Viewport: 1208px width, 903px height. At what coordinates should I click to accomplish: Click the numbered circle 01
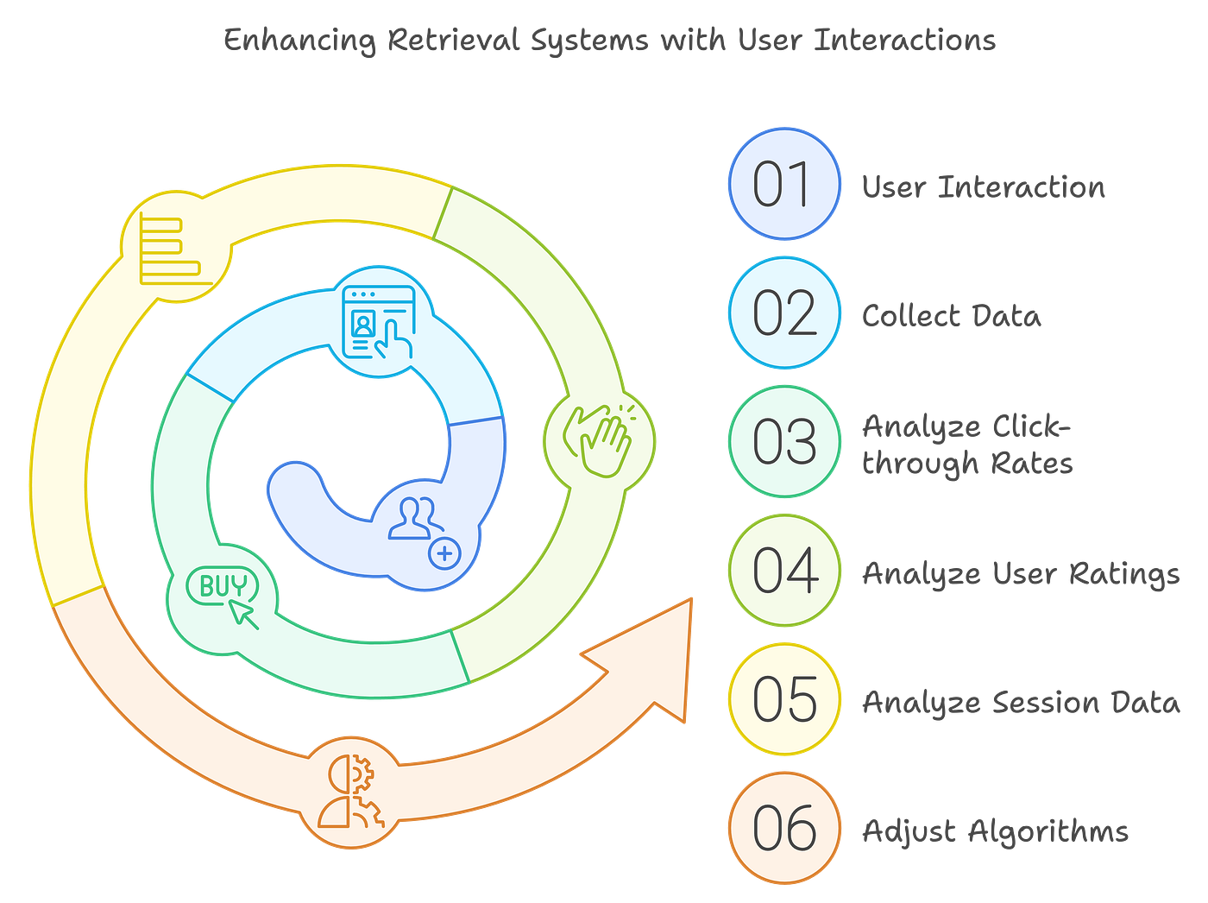point(783,184)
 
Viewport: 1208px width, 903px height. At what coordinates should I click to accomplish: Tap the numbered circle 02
point(783,313)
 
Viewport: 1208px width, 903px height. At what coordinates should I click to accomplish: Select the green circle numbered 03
point(783,441)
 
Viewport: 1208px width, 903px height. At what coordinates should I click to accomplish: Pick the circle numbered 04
point(783,570)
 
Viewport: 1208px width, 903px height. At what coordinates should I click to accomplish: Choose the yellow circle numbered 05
point(783,699)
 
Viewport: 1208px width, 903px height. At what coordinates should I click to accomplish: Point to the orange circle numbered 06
point(783,828)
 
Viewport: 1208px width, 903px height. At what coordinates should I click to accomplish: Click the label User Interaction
point(983,186)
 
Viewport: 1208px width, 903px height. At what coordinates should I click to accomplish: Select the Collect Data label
point(951,315)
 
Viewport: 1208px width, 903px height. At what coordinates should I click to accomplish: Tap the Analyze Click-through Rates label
point(967,445)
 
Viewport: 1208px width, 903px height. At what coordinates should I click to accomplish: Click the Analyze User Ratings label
point(1021,574)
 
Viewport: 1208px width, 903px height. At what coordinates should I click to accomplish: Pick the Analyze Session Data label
point(1021,702)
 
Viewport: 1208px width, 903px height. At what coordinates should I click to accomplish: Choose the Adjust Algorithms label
point(995,831)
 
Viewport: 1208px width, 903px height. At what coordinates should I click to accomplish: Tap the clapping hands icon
point(599,438)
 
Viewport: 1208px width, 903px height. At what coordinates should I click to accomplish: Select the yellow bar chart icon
point(173,250)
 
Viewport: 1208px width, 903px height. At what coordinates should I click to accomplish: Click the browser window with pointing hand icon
point(378,322)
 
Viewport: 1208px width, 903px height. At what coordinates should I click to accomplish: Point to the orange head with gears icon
point(350,791)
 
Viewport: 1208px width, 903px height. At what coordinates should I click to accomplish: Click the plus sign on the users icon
point(445,553)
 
